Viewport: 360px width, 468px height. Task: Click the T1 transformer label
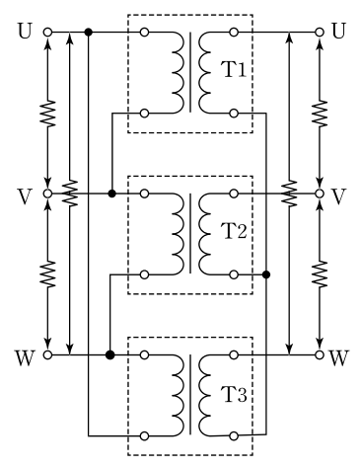click(235, 69)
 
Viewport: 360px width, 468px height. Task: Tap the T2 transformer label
click(235, 231)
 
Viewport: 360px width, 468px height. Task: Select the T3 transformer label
click(235, 394)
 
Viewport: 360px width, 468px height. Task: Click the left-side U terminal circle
click(47, 33)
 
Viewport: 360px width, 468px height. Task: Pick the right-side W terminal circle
click(320, 354)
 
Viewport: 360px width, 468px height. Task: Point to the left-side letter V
click(25, 196)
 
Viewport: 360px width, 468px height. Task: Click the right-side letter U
click(338, 31)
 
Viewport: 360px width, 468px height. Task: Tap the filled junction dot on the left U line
click(88, 33)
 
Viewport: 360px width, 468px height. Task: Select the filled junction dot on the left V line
click(112, 194)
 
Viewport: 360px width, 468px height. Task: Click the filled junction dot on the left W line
click(110, 354)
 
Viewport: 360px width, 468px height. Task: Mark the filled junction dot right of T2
click(266, 274)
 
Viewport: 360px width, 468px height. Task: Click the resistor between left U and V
click(48, 114)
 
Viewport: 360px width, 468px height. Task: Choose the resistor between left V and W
click(48, 273)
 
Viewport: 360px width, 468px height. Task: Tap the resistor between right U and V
click(320, 114)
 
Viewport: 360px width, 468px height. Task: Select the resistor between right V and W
click(320, 273)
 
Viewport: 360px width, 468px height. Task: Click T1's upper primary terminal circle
click(144, 33)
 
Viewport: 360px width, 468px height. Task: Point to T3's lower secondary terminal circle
click(234, 436)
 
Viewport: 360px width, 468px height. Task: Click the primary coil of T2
click(178, 234)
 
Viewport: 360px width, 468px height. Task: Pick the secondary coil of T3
click(204, 395)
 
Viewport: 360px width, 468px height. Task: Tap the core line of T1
click(190, 72)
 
